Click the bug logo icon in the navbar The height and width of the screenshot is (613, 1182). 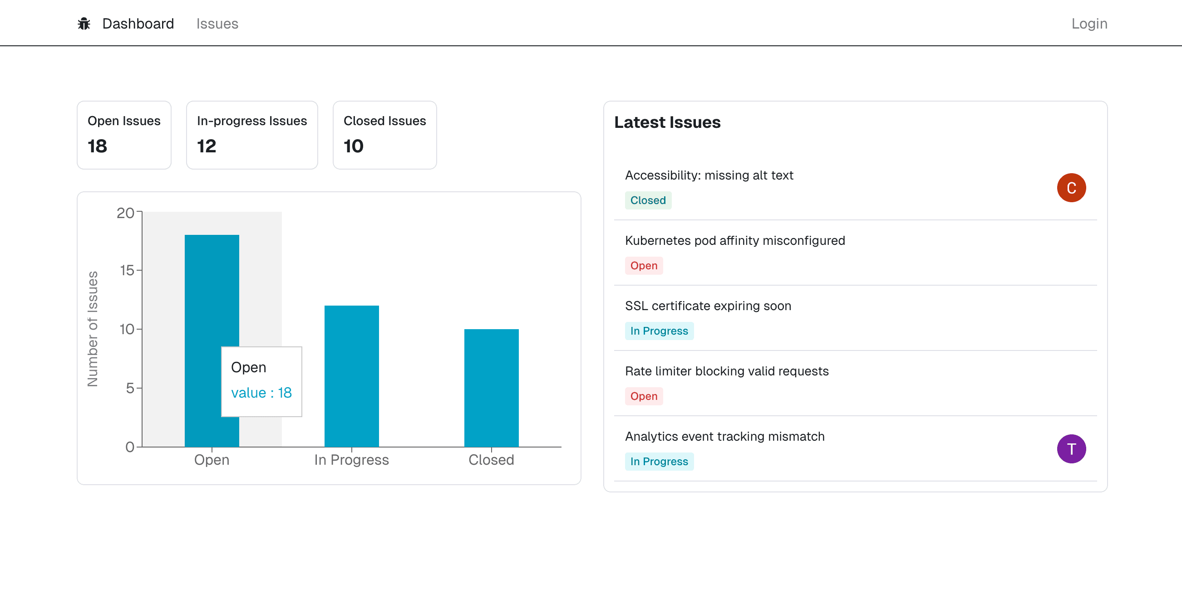84,24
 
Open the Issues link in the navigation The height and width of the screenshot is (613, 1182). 217,24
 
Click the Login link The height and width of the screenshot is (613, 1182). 1089,24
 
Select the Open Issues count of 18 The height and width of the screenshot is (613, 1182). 97,146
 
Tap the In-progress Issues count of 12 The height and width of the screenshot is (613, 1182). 207,146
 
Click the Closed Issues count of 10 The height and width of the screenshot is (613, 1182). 353,146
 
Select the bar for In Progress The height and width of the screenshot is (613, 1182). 351,376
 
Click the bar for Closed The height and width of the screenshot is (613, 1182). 492,388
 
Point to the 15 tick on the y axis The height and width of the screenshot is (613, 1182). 127,271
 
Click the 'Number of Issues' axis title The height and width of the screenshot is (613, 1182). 93,329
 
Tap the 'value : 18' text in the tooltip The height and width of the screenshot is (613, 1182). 261,393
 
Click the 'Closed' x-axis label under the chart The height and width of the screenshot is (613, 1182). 491,460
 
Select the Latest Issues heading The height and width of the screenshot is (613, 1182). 667,122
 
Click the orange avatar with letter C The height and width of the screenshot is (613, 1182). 1071,188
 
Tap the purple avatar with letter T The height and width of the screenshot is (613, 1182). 1071,449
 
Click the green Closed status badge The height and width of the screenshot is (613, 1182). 647,200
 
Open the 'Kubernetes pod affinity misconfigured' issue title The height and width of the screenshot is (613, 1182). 734,241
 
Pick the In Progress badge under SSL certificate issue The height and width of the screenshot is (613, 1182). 659,331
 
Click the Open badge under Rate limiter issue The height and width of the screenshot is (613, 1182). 643,396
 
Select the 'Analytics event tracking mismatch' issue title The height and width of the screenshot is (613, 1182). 724,437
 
